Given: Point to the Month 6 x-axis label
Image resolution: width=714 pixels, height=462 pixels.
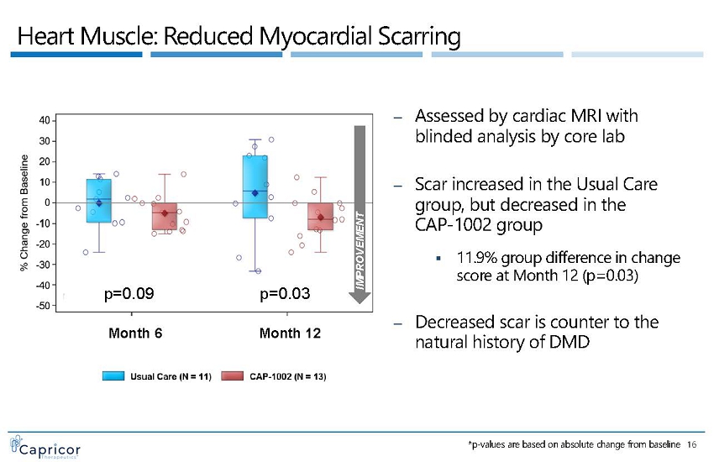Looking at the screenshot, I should point(136,333).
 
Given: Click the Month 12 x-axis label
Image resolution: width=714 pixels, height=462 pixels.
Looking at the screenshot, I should point(291,333).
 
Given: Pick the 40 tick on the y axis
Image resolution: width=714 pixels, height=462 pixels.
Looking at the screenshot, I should point(43,119).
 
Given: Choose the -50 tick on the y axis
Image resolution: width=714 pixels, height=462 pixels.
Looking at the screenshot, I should point(41,306).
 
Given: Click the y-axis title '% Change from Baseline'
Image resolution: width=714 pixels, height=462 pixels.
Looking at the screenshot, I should point(24,213).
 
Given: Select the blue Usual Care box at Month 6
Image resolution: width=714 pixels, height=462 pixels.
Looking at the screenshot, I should point(98,201).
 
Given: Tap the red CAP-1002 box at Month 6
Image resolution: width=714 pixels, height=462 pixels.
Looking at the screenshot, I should point(165,216).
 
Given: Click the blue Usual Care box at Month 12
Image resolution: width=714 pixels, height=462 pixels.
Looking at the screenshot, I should point(255,186).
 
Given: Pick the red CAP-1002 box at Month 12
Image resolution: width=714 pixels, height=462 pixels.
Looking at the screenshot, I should point(320,217).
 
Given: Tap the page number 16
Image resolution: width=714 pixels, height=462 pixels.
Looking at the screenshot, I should point(692,444).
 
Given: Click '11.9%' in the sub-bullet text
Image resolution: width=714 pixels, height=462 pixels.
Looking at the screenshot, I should point(475,256).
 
